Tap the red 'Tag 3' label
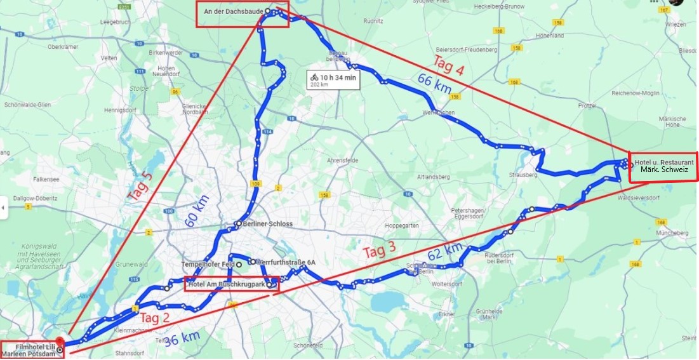[x=380, y=251]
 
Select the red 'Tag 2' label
[x=156, y=318]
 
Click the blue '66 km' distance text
[x=435, y=84]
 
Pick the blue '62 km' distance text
[x=445, y=251]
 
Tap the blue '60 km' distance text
[x=197, y=211]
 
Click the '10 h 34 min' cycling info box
[x=333, y=79]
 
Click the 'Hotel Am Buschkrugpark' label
[x=227, y=284]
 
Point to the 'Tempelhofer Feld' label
[x=208, y=263]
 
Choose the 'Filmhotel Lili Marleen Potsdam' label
[x=30, y=350]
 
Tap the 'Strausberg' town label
[x=523, y=175]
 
